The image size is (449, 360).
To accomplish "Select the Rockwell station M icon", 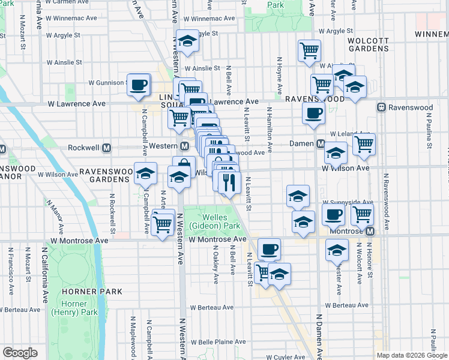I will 107,147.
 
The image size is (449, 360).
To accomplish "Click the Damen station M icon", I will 321,144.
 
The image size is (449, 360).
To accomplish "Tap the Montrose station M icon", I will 370,231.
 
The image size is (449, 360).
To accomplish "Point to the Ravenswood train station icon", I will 381,107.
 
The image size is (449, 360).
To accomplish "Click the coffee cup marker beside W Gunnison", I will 139,85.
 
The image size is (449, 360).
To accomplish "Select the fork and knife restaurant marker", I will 229,182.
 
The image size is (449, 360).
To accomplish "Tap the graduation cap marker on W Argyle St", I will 188,41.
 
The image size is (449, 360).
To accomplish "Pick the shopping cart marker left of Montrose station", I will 362,214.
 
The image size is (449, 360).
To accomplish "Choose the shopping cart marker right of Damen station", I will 364,144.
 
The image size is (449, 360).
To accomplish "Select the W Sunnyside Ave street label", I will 349,202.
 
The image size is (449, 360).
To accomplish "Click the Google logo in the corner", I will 20,353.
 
